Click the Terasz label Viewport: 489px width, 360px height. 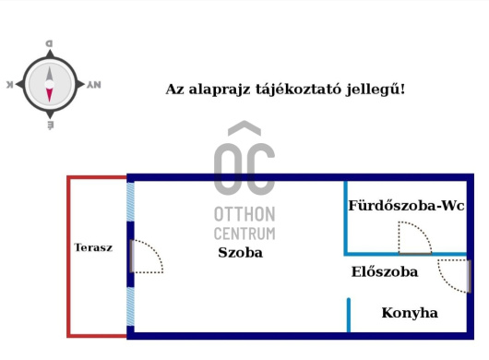pyautogui.click(x=93, y=247)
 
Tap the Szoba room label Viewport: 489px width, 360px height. pyautogui.click(x=240, y=252)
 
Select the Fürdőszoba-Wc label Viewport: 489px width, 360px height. pyautogui.click(x=405, y=205)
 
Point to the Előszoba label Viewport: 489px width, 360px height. pyautogui.click(x=385, y=272)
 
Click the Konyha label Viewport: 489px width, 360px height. pyautogui.click(x=410, y=313)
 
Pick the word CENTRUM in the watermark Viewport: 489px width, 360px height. pyautogui.click(x=244, y=234)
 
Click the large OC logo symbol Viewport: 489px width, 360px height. pyautogui.click(x=244, y=162)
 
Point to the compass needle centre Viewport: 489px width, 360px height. pyautogui.click(x=50, y=84)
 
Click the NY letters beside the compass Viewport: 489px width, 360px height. pyautogui.click(x=93, y=84)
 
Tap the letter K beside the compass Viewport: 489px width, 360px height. pyautogui.click(x=10, y=84)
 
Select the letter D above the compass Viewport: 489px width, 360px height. pyautogui.click(x=50, y=43)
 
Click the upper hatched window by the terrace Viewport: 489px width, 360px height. pyautogui.click(x=131, y=201)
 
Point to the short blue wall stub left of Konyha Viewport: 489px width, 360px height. pyautogui.click(x=349, y=315)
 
